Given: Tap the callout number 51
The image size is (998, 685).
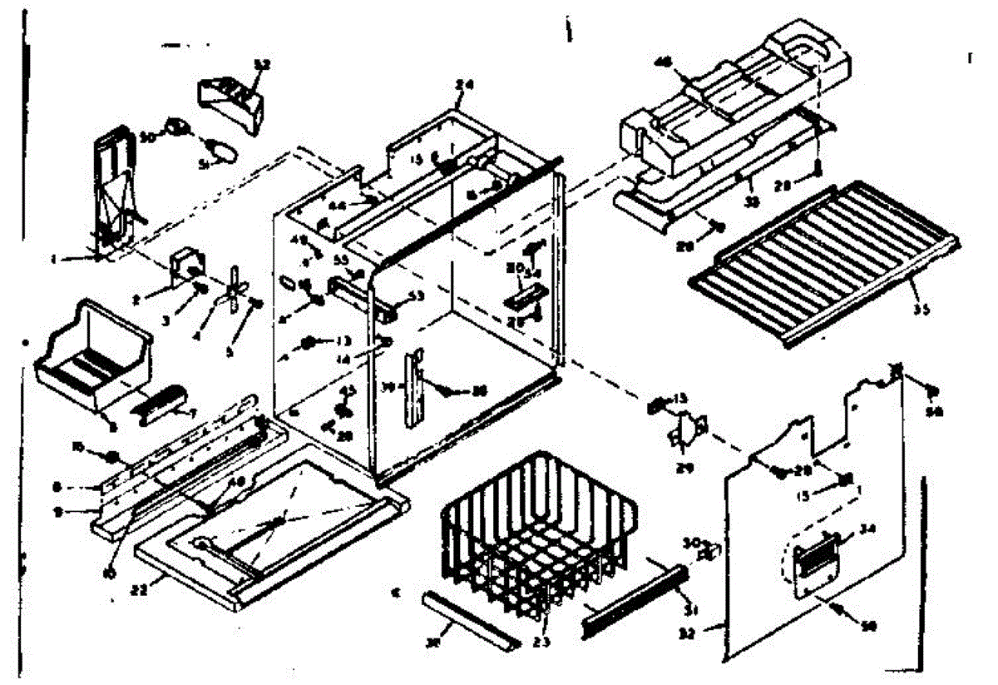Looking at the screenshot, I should (x=202, y=165).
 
